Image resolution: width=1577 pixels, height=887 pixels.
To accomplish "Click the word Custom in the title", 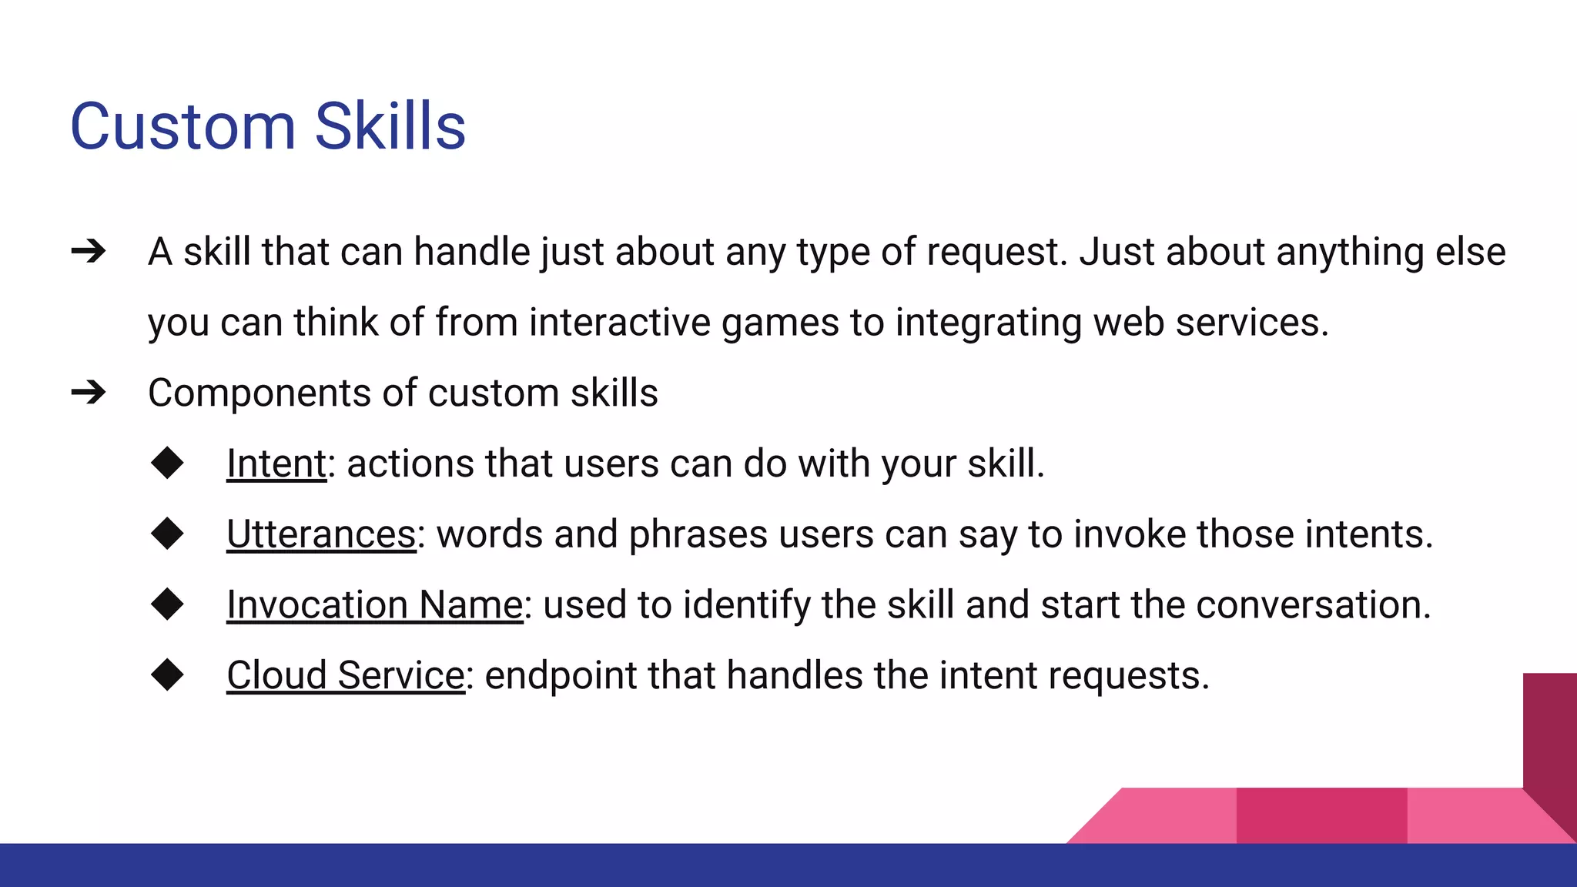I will click(x=182, y=126).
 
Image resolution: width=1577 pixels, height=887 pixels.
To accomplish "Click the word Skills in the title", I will click(x=390, y=126).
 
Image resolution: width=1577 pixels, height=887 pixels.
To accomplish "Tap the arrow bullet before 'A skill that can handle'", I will click(x=89, y=252).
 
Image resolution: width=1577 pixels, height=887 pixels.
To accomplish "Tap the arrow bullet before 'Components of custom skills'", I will click(x=89, y=393).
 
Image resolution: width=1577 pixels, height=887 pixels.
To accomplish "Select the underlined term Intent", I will click(x=276, y=464).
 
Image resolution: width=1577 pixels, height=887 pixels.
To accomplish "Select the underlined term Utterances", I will click(x=321, y=534).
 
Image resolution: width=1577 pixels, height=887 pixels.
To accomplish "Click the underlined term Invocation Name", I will click(x=374, y=605).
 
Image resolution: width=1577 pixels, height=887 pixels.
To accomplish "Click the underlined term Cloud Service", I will click(x=345, y=676).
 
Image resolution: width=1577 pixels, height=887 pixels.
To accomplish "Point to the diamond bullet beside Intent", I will click(x=167, y=463).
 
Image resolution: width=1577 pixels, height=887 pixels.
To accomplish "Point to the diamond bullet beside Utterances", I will click(x=167, y=534).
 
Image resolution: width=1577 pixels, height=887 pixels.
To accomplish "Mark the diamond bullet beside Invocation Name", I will click(x=167, y=604).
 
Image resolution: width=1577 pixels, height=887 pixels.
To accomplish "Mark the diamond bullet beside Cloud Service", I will click(x=167, y=675).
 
